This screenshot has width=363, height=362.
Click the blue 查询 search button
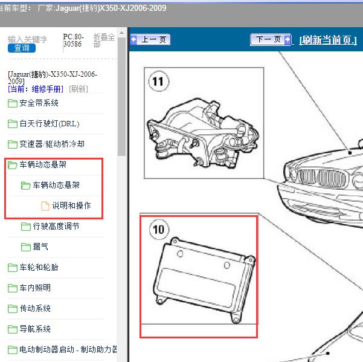22,48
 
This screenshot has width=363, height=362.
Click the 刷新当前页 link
328,40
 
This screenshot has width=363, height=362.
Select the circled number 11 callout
159,82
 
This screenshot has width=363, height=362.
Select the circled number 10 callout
159,230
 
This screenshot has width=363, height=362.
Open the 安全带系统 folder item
39,103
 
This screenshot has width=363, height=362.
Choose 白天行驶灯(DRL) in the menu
50,124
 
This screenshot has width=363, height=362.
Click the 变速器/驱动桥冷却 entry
52,144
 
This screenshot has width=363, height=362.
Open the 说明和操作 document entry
71,205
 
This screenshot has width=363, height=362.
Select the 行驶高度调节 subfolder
56,226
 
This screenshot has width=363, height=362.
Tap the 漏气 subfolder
40,247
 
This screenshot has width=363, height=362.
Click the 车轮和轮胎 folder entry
39,267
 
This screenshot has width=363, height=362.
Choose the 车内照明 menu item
35,288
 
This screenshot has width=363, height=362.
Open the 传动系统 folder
35,308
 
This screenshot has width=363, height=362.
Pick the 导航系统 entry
35,329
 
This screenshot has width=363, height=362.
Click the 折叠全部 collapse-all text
104,40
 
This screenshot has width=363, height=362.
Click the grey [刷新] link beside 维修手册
79,89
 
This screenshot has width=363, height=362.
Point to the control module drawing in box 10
204,280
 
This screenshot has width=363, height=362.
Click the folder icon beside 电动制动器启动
13,350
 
